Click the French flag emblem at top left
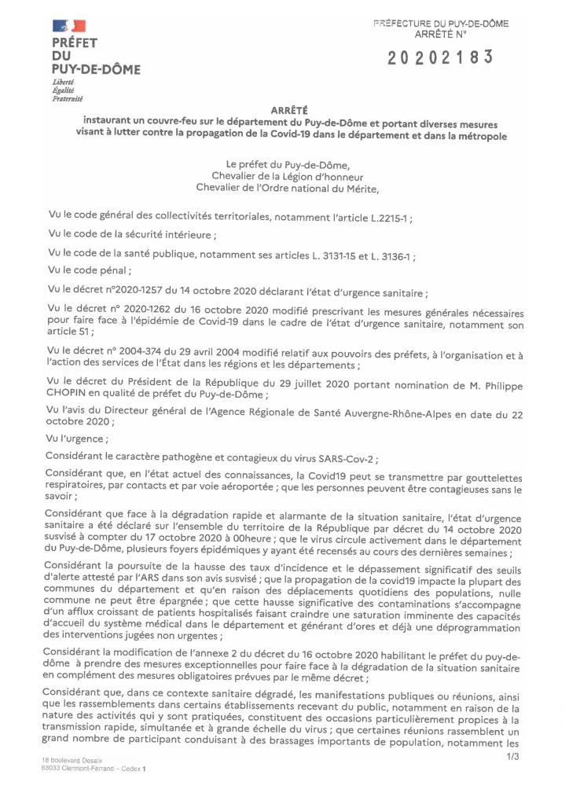click(x=69, y=27)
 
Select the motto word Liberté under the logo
click(x=63, y=83)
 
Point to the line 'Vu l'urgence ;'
click(x=79, y=440)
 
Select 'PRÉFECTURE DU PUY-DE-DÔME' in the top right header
click(x=440, y=24)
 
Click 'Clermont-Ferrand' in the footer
click(x=92, y=769)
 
